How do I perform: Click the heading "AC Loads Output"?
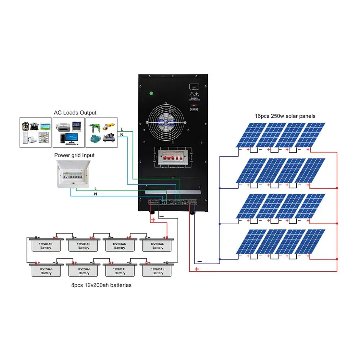coord(75,113)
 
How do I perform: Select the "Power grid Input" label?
coord(75,156)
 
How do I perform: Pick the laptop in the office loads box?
coord(76,126)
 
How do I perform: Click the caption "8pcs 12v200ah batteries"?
coord(101,285)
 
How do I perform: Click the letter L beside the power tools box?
coord(122,129)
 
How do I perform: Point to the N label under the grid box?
coord(95,194)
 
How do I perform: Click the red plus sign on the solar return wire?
coord(197,269)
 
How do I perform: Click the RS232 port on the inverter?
coord(194,87)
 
